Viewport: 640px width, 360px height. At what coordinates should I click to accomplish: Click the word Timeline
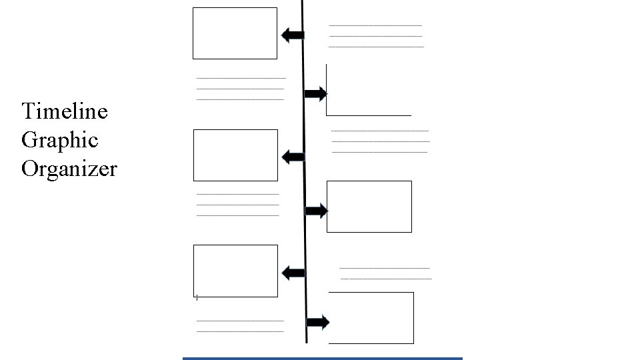point(64,111)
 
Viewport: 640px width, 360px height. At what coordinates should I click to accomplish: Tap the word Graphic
point(59,140)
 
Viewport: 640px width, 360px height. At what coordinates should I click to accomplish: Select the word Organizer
point(69,169)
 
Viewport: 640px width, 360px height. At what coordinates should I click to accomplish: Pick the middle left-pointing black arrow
point(293,157)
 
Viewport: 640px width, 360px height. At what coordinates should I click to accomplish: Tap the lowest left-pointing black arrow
point(293,273)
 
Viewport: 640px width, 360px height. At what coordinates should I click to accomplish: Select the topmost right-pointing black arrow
point(315,93)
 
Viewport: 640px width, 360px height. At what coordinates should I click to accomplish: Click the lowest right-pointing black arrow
point(318,323)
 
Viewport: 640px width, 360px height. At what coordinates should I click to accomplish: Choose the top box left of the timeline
point(235,33)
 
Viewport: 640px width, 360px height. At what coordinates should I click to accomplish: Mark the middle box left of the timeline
point(235,155)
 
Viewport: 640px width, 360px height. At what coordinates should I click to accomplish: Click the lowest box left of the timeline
point(235,271)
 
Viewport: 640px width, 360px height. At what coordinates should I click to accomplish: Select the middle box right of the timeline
point(369,207)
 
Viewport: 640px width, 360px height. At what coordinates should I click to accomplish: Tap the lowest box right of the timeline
point(371,318)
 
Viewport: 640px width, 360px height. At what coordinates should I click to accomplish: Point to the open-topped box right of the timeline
point(368,90)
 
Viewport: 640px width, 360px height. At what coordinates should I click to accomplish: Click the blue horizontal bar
point(322,358)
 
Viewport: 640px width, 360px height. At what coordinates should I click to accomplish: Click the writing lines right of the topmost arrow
point(376,36)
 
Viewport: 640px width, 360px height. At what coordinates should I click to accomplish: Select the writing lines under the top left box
point(240,89)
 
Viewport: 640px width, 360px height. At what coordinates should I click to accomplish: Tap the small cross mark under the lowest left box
point(197,297)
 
